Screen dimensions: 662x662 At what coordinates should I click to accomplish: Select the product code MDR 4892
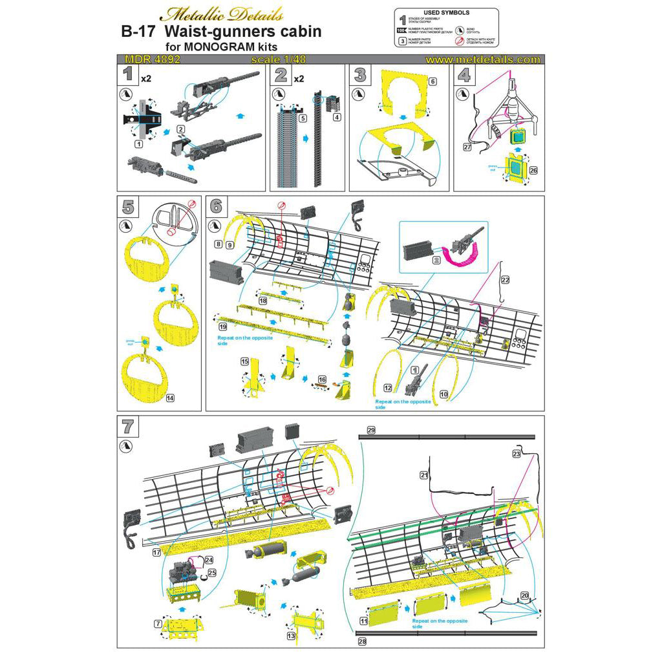point(149,59)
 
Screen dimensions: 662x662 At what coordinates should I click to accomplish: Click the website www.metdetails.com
point(483,59)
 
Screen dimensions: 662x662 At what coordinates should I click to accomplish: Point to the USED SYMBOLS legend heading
point(446,12)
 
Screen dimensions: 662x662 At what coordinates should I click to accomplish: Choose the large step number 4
point(464,75)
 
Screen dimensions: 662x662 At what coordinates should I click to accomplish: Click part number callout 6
point(433,82)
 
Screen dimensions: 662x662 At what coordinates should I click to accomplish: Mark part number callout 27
point(467,147)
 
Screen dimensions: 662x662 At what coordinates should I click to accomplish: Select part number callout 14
point(170,398)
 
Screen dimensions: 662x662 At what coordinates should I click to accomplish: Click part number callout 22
point(505,279)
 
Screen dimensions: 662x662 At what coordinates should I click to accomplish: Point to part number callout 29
point(370,430)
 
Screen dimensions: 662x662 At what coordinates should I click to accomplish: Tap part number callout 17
point(156,553)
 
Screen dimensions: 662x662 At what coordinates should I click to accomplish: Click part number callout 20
point(524,594)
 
